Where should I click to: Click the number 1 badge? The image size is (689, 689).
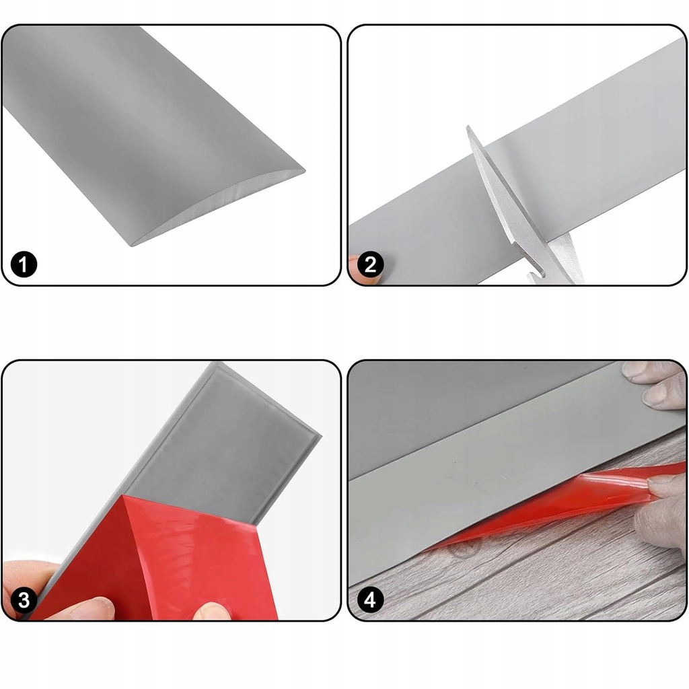tap(24, 264)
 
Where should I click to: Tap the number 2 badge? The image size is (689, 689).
tap(371, 264)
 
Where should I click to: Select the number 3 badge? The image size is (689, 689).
tap(24, 600)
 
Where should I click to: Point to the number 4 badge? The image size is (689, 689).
tap(371, 600)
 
